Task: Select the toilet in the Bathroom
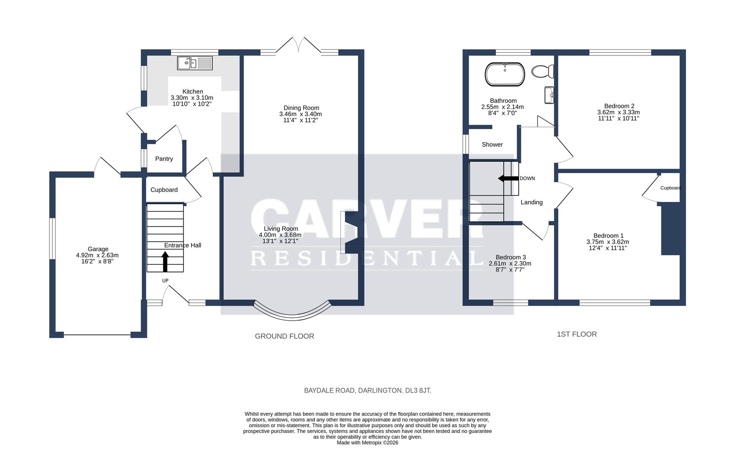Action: [543, 71]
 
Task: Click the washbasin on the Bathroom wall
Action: [549, 95]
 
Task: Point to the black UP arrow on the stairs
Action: [165, 262]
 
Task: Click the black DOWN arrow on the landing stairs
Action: [508, 178]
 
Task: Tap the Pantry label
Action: [164, 159]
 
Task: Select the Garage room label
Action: [98, 249]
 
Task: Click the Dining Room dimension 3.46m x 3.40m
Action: [301, 114]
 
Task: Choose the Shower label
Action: [492, 145]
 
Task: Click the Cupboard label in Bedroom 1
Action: [670, 188]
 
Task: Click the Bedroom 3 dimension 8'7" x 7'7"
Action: [510, 270]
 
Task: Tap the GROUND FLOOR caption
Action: [284, 336]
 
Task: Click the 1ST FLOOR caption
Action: [576, 334]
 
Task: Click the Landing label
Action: [531, 202]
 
